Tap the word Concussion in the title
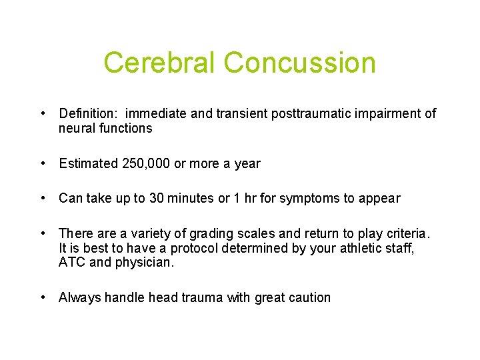(x=300, y=63)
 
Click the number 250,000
(x=147, y=163)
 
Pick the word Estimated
(x=89, y=163)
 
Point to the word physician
(x=145, y=262)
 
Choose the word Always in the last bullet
(x=80, y=297)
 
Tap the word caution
(x=309, y=297)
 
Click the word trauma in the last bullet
(x=203, y=297)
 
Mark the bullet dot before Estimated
(x=43, y=163)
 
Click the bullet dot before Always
(x=43, y=297)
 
